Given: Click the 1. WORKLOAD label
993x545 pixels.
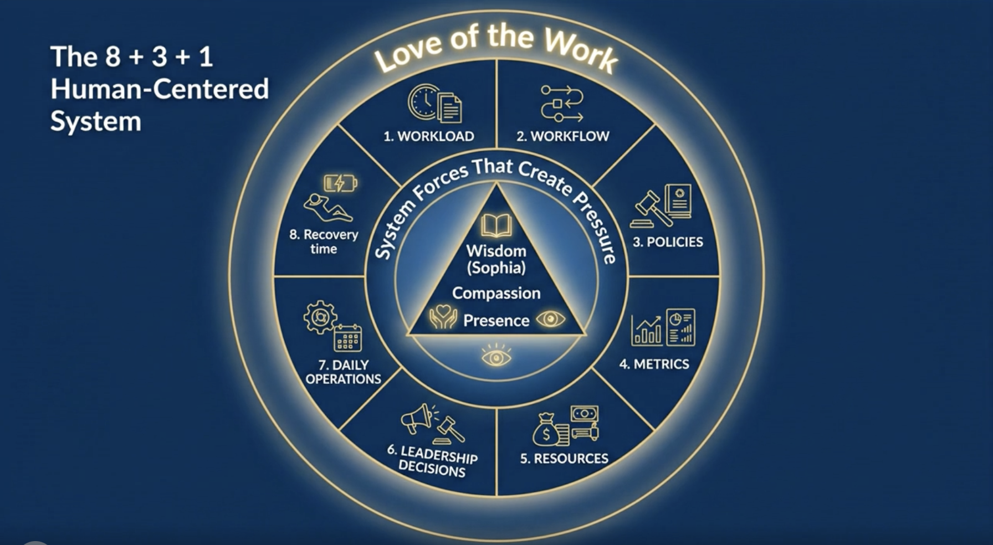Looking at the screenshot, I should click(429, 136).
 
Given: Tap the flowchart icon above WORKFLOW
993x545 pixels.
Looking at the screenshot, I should click(561, 103).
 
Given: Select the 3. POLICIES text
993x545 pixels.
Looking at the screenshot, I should click(668, 242).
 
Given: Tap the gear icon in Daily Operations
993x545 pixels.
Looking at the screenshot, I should click(320, 317).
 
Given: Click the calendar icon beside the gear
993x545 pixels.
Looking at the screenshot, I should click(347, 338).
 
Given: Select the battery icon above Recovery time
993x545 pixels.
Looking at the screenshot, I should click(340, 183).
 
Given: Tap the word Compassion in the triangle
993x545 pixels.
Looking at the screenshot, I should click(496, 293).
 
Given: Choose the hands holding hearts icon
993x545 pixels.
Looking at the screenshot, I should click(443, 317).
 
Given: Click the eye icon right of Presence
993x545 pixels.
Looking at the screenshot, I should click(550, 319).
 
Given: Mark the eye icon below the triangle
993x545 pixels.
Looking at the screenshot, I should click(496, 356).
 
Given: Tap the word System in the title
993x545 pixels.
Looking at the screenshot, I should click(96, 121).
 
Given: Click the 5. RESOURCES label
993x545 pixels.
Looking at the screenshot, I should click(564, 459).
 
